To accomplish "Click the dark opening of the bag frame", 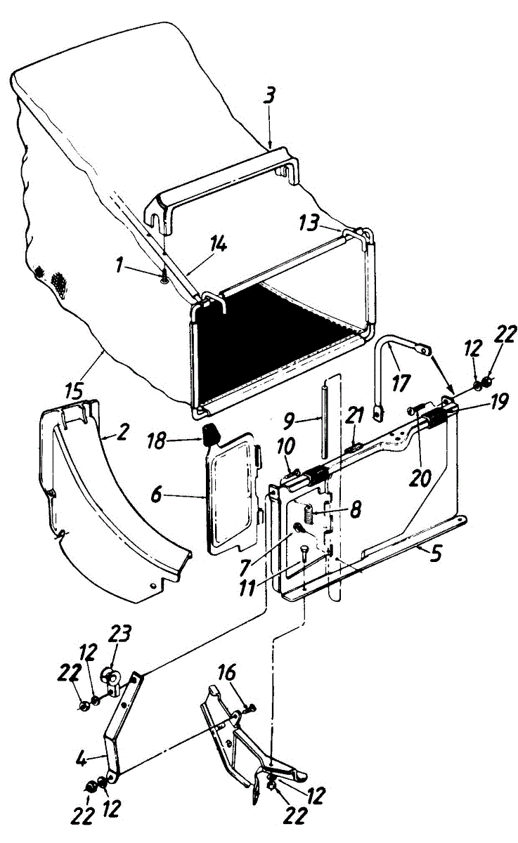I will pos(281,337).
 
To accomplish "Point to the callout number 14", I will pos(220,245).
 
